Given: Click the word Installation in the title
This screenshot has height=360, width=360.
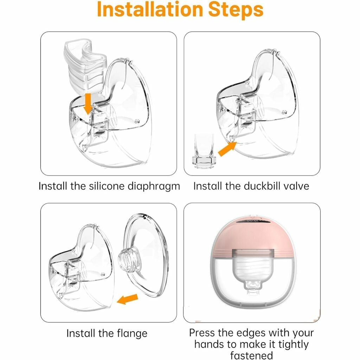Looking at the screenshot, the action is [x=150, y=9].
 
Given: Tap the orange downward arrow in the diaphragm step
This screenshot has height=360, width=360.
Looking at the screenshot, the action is [x=88, y=104].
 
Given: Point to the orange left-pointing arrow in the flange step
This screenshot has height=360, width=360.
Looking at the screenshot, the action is [x=127, y=299].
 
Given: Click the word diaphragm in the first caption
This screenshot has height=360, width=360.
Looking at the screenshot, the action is [x=154, y=186].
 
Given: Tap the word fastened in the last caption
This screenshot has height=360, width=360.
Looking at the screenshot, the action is [x=251, y=355].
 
